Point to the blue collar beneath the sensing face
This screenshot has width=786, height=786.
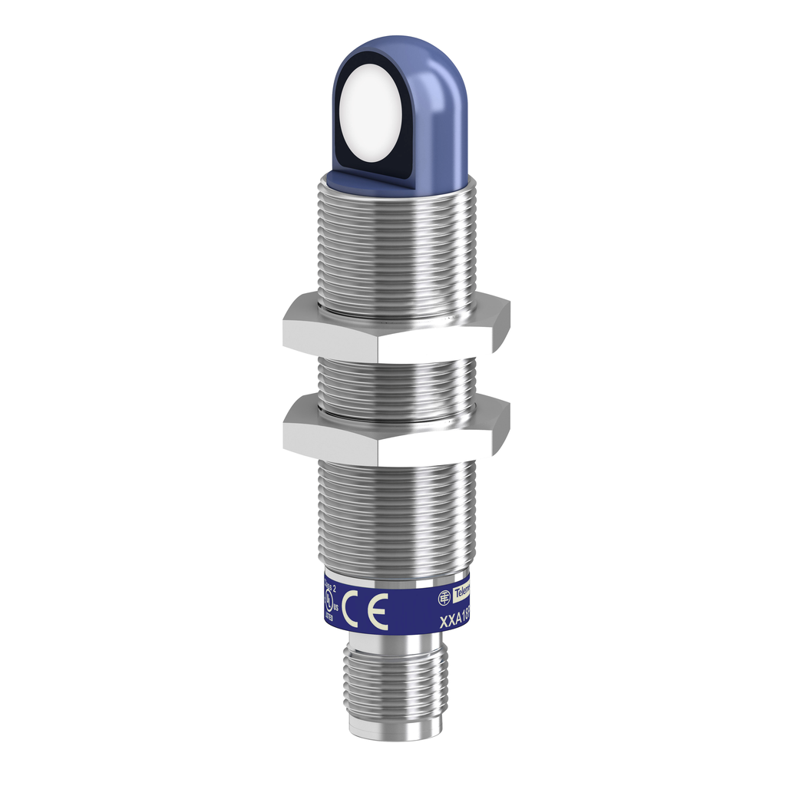[x=399, y=180]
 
